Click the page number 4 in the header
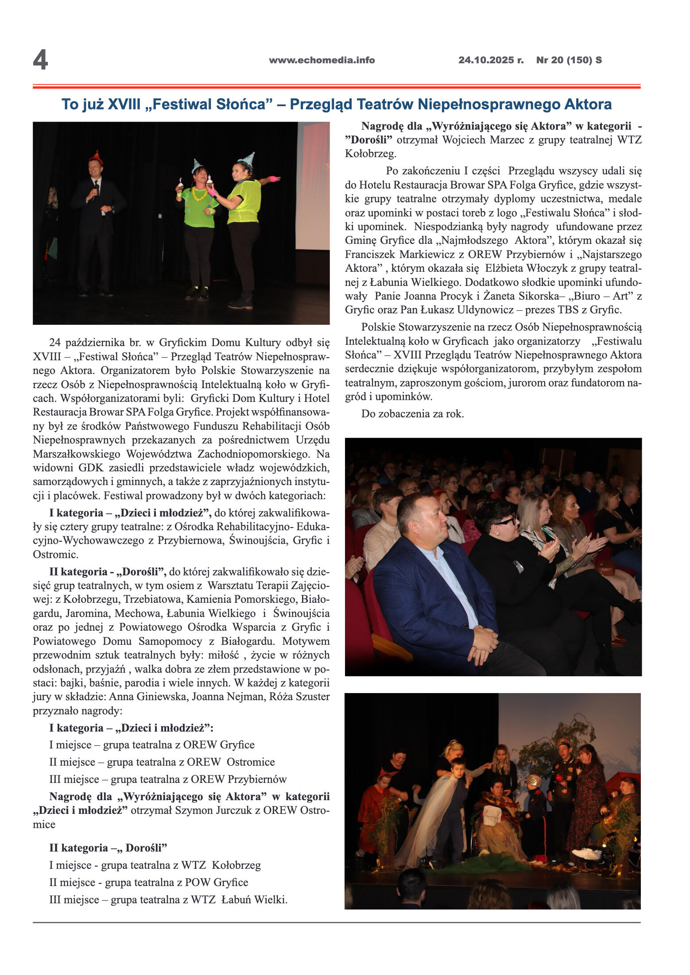coord(40,60)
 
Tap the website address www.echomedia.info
coord(322,60)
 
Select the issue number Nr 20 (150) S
coord(569,60)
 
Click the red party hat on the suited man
coord(96,157)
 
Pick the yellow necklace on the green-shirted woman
coord(199,194)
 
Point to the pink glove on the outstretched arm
coord(275,179)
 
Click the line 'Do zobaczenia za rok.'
coord(412,414)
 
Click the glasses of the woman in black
coord(507,521)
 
